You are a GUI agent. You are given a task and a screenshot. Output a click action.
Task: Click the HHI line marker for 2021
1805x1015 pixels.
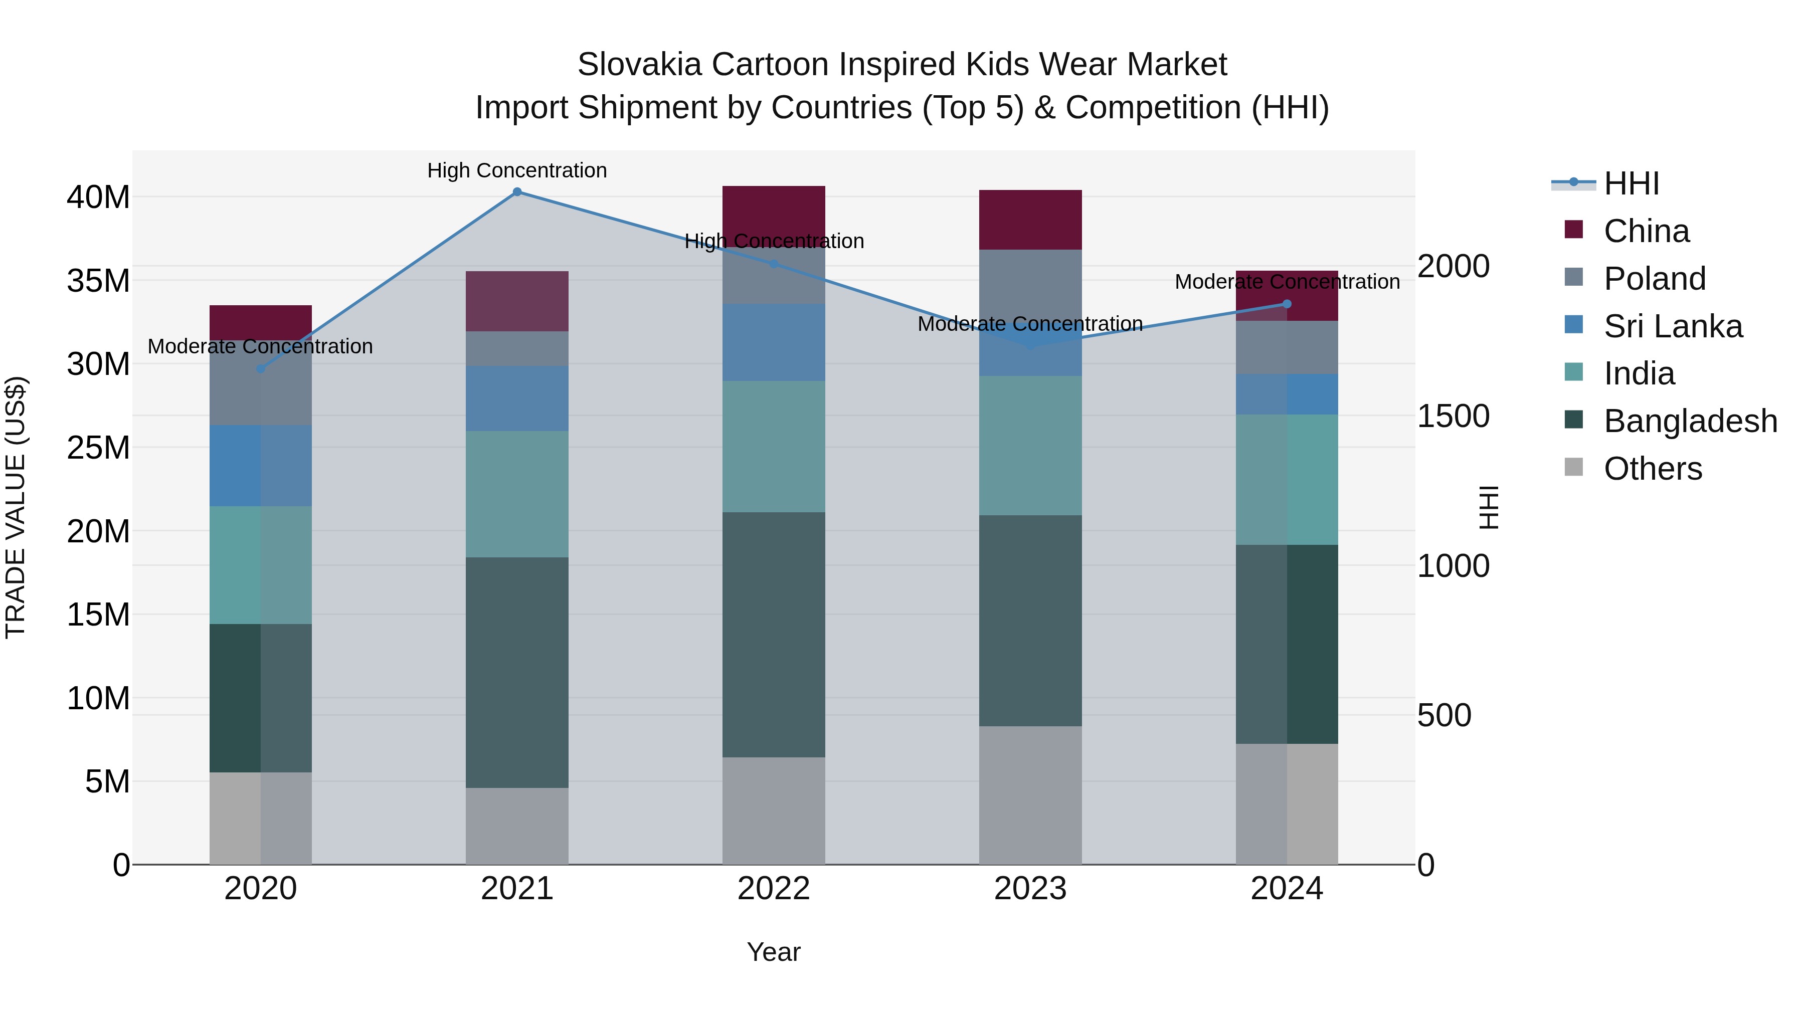click(x=517, y=192)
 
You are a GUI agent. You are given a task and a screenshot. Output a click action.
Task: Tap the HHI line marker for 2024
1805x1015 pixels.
click(x=1287, y=304)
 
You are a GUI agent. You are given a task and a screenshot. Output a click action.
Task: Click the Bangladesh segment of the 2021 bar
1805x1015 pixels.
click(x=517, y=673)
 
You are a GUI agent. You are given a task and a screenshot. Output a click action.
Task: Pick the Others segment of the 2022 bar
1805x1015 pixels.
click(x=774, y=810)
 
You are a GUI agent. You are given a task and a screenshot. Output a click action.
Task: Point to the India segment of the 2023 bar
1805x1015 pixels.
click(x=1030, y=446)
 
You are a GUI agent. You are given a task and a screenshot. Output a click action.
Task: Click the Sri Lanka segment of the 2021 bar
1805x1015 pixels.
click(x=517, y=398)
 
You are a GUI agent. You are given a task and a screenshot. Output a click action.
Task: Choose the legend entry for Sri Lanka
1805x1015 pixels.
click(x=1673, y=326)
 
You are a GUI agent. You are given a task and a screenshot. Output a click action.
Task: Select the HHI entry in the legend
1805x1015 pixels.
click(x=1631, y=183)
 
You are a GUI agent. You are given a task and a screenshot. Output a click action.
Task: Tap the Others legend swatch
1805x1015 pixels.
click(x=1574, y=467)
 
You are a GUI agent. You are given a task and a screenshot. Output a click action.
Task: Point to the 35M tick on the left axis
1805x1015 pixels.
click(x=98, y=281)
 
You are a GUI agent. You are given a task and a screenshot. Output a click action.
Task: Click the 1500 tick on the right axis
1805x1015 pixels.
click(x=1453, y=416)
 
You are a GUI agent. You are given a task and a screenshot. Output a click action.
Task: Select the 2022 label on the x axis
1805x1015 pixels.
click(x=774, y=889)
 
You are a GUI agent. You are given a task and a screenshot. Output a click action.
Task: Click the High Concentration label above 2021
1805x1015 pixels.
click(x=517, y=170)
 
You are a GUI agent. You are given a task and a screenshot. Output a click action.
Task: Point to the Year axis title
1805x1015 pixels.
click(x=774, y=952)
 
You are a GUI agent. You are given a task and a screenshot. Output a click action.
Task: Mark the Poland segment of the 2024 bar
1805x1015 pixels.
click(x=1287, y=347)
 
